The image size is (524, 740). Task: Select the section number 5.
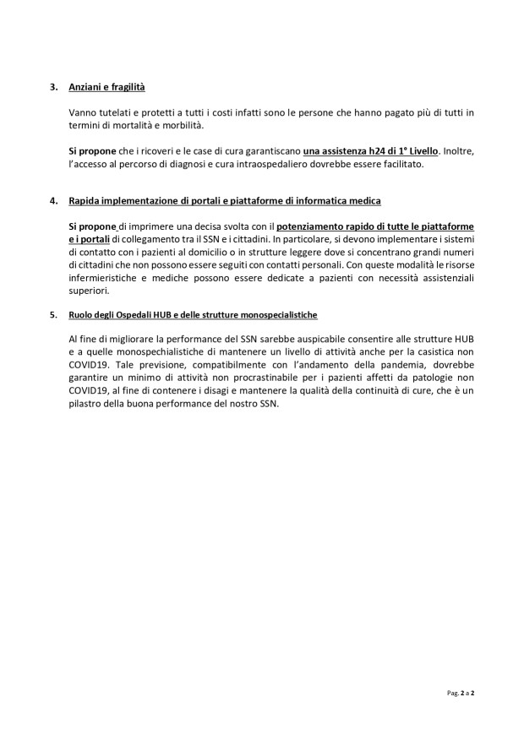click(x=53, y=315)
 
